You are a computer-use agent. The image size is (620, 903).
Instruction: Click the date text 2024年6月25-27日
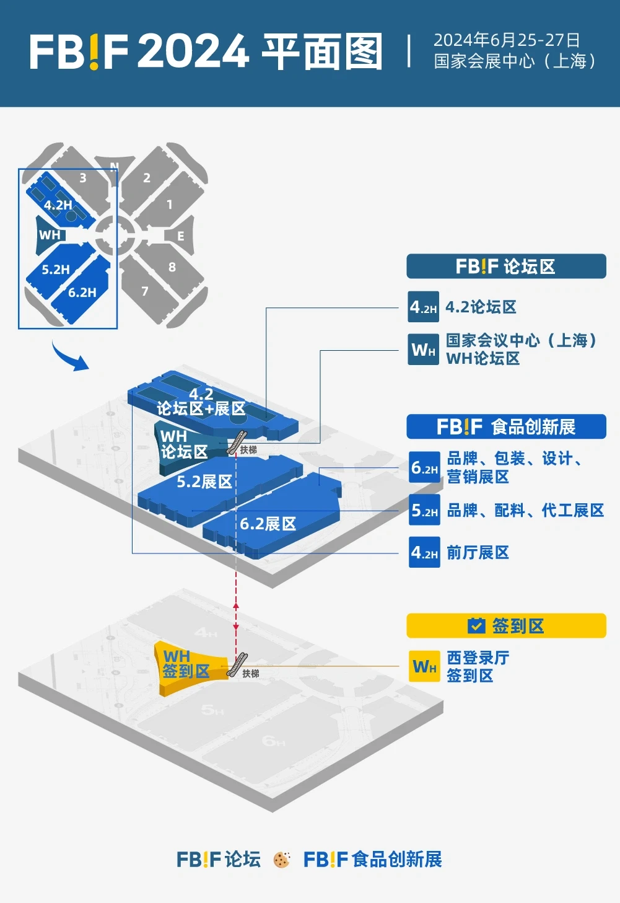[x=507, y=40]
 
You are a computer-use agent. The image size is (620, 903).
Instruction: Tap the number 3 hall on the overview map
[x=82, y=178]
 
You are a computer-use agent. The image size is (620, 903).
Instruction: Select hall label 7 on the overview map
[x=145, y=291]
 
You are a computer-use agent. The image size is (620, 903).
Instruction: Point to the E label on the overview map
[x=181, y=236]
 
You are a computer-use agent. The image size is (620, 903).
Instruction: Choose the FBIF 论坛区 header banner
[x=506, y=266]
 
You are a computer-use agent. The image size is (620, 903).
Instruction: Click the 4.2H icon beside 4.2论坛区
[x=424, y=307]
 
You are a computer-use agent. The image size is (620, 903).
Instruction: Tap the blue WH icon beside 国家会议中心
[x=424, y=350]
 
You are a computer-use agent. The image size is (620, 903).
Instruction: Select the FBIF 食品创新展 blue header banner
[x=506, y=426]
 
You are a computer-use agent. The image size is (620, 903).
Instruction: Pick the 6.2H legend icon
[x=424, y=468]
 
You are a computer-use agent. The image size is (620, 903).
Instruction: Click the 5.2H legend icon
[x=424, y=510]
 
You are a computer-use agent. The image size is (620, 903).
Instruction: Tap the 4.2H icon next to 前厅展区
[x=424, y=552]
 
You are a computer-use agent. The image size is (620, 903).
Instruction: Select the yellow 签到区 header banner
[x=506, y=626]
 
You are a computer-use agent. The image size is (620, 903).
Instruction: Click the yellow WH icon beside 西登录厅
[x=424, y=666]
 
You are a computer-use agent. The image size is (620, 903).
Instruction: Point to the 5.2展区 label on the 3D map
[x=204, y=482]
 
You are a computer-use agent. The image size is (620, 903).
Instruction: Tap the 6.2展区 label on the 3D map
[x=268, y=524]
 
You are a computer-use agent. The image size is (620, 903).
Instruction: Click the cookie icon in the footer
[x=282, y=860]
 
